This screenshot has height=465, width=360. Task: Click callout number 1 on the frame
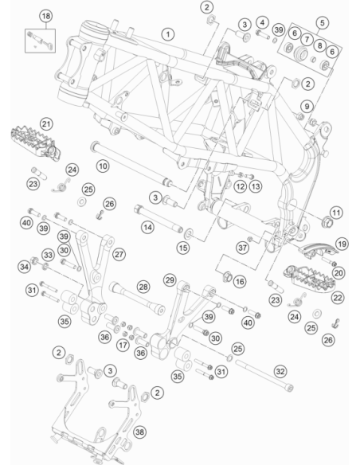168,34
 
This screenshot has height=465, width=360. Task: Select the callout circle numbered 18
46,16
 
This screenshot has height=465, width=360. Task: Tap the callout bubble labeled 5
323,22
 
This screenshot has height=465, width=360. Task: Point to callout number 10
103,166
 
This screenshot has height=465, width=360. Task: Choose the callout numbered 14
147,228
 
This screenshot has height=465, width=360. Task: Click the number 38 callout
139,432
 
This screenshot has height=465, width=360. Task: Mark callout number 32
280,371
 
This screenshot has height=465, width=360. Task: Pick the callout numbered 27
119,254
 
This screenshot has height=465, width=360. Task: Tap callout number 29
170,280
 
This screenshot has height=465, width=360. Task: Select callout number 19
342,244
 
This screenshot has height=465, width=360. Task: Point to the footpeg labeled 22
309,279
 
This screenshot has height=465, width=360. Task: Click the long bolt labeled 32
264,375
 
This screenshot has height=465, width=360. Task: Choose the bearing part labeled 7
300,53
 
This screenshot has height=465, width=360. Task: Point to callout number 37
242,248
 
